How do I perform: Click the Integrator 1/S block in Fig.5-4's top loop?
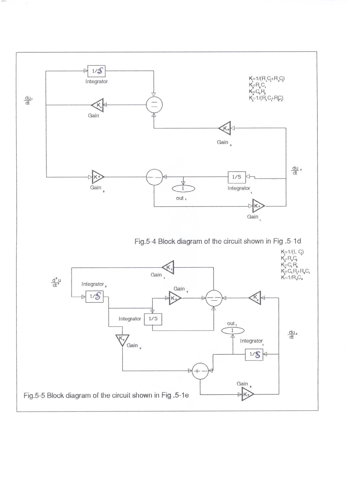pyautogui.click(x=96, y=71)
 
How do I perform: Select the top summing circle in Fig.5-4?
pyautogui.click(x=154, y=105)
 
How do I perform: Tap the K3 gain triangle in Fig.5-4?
pyautogui.click(x=225, y=128)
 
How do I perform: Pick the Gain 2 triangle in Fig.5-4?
pyautogui.click(x=97, y=177)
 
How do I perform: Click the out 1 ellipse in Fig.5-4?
pyautogui.click(x=183, y=189)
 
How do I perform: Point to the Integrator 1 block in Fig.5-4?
pyautogui.click(x=237, y=177)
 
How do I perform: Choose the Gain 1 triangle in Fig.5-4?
pyautogui.click(x=258, y=206)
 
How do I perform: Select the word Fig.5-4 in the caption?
pyautogui.click(x=145, y=241)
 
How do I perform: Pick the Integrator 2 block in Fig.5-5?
pyautogui.click(x=94, y=296)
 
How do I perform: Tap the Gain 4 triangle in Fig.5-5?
pyautogui.click(x=174, y=298)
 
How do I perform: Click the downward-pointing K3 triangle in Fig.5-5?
pyautogui.click(x=122, y=340)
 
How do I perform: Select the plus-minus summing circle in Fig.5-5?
pyautogui.click(x=200, y=371)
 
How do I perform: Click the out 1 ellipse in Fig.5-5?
pyautogui.click(x=233, y=330)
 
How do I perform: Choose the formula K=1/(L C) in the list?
pyautogui.click(x=292, y=252)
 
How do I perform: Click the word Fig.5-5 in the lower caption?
pyautogui.click(x=34, y=395)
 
